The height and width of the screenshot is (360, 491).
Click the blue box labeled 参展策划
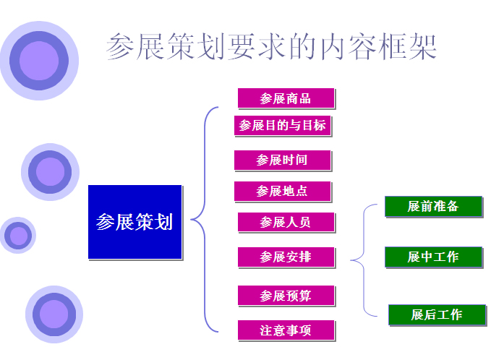135,222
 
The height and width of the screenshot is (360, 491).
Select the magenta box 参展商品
286,98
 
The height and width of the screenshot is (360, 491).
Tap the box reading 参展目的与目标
283,126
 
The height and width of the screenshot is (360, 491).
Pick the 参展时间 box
283,160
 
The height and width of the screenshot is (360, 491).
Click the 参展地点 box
283,192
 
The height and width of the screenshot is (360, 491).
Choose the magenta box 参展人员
286,222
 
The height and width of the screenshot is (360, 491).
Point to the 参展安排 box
286,257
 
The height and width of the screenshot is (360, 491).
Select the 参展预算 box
286,296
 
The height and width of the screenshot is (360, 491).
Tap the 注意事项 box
286,330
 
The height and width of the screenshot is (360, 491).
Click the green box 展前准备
433,206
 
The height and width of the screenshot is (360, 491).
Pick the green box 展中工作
433,257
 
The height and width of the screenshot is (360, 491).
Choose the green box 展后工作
437,314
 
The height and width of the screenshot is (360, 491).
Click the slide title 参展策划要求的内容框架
271,47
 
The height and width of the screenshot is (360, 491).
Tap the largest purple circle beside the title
39,61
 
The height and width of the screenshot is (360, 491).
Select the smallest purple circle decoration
18,236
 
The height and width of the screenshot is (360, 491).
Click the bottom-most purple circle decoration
54,314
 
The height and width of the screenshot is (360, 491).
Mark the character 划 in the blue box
163,222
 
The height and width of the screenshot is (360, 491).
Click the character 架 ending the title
423,47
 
